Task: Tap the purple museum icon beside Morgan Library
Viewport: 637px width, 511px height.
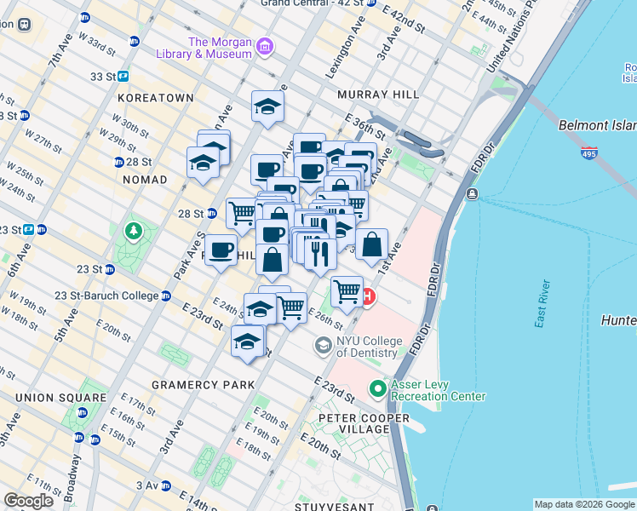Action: click(265, 44)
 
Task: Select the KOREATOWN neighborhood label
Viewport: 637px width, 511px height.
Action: click(156, 98)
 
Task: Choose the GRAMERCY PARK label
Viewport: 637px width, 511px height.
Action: click(203, 385)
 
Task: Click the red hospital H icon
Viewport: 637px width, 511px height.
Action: click(368, 297)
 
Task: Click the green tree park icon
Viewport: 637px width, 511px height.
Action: click(133, 230)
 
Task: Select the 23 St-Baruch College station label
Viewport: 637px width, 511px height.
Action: click(106, 296)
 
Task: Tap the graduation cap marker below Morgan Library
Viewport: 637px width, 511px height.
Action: click(267, 106)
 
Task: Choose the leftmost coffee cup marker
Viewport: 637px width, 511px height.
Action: click(221, 250)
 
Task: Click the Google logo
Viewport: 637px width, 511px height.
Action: click(28, 501)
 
